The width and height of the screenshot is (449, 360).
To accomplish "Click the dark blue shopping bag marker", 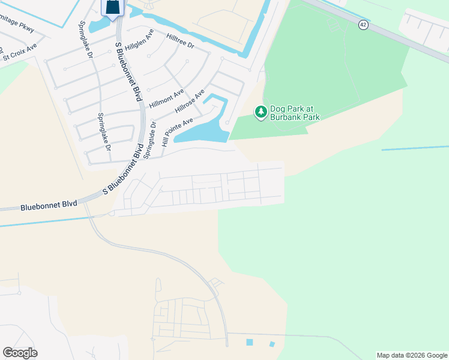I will click(x=112, y=8).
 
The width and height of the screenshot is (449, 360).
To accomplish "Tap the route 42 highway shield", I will click(x=363, y=24).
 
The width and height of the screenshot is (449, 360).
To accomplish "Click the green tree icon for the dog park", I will click(x=261, y=112).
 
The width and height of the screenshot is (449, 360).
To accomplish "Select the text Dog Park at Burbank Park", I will click(x=295, y=113).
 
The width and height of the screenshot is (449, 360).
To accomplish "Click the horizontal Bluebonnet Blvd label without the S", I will click(x=49, y=205).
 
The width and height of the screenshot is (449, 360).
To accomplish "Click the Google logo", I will click(x=20, y=353).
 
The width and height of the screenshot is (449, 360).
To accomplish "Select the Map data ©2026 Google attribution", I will click(x=412, y=355).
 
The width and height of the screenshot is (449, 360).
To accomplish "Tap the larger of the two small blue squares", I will click(x=250, y=342).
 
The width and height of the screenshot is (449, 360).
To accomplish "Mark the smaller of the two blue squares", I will click(x=272, y=344).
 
